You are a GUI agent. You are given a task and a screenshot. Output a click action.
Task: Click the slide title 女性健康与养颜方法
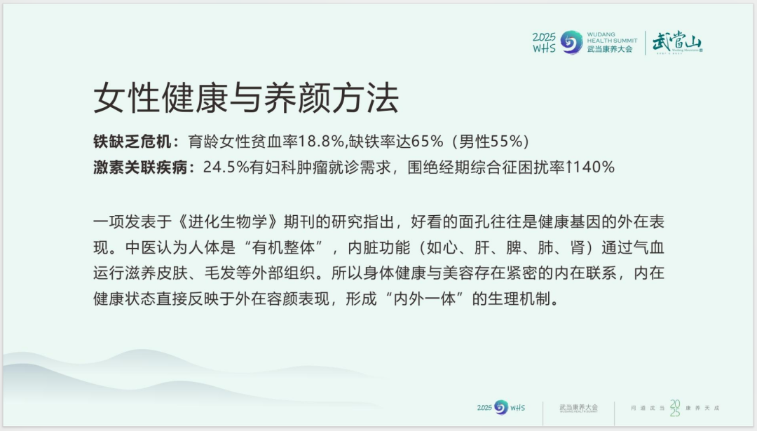pyautogui.click(x=246, y=99)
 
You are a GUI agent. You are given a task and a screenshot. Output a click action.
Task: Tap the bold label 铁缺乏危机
pyautogui.click(x=131, y=141)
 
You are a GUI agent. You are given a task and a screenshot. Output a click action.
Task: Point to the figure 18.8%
pyautogui.click(x=320, y=141)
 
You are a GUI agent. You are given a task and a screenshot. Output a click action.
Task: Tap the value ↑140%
pyautogui.click(x=589, y=168)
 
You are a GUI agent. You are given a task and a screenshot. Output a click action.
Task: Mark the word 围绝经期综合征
pyautogui.click(x=456, y=168)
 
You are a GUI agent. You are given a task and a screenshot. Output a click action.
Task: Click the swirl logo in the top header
pyautogui.click(x=571, y=42)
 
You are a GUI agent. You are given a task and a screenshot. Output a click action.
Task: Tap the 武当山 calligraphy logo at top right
pyautogui.click(x=676, y=43)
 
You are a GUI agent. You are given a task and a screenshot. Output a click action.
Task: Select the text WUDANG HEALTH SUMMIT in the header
pyautogui.click(x=612, y=36)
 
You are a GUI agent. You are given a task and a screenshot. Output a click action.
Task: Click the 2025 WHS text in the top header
pyautogui.click(x=544, y=42)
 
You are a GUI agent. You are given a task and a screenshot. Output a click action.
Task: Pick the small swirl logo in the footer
pyautogui.click(x=501, y=407)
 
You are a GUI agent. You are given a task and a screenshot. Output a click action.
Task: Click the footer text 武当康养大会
pyautogui.click(x=578, y=406)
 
